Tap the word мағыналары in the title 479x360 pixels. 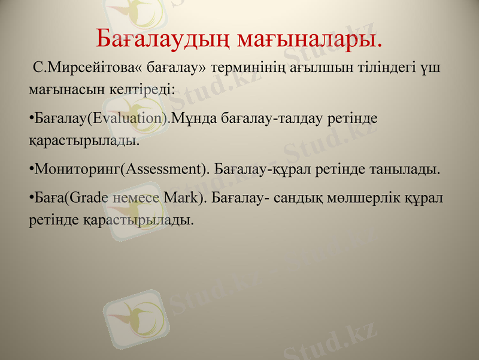[x=310, y=39]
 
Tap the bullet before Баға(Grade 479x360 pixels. [x=31, y=197]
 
